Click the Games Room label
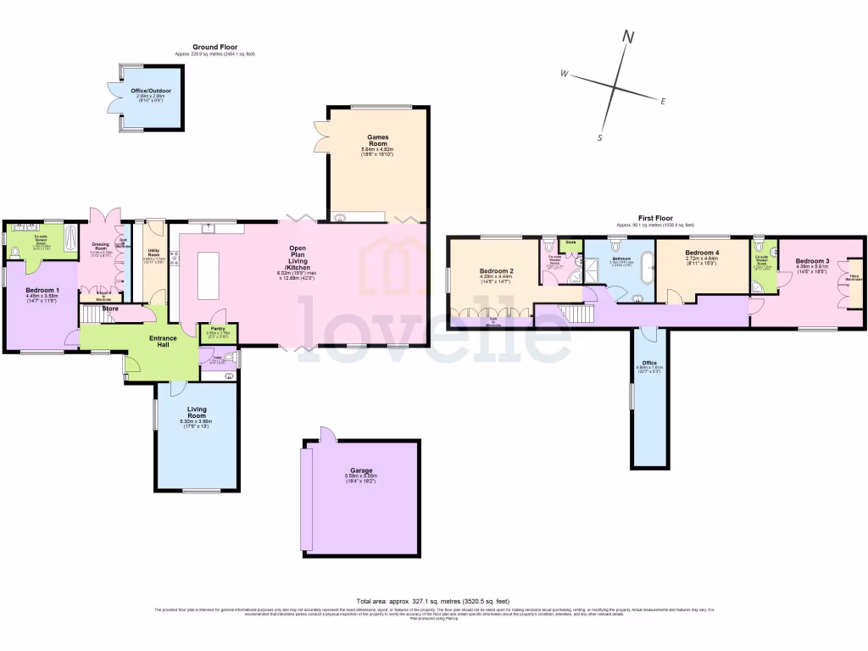click(377, 137)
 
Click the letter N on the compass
click(628, 36)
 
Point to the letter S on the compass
click(599, 137)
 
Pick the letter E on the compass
click(663, 101)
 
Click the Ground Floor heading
click(214, 47)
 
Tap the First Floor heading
click(650, 219)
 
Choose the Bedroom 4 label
click(701, 253)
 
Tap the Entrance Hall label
click(163, 341)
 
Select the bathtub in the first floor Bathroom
click(648, 267)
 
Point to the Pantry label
click(218, 327)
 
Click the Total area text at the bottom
click(433, 601)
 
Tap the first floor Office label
click(649, 364)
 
